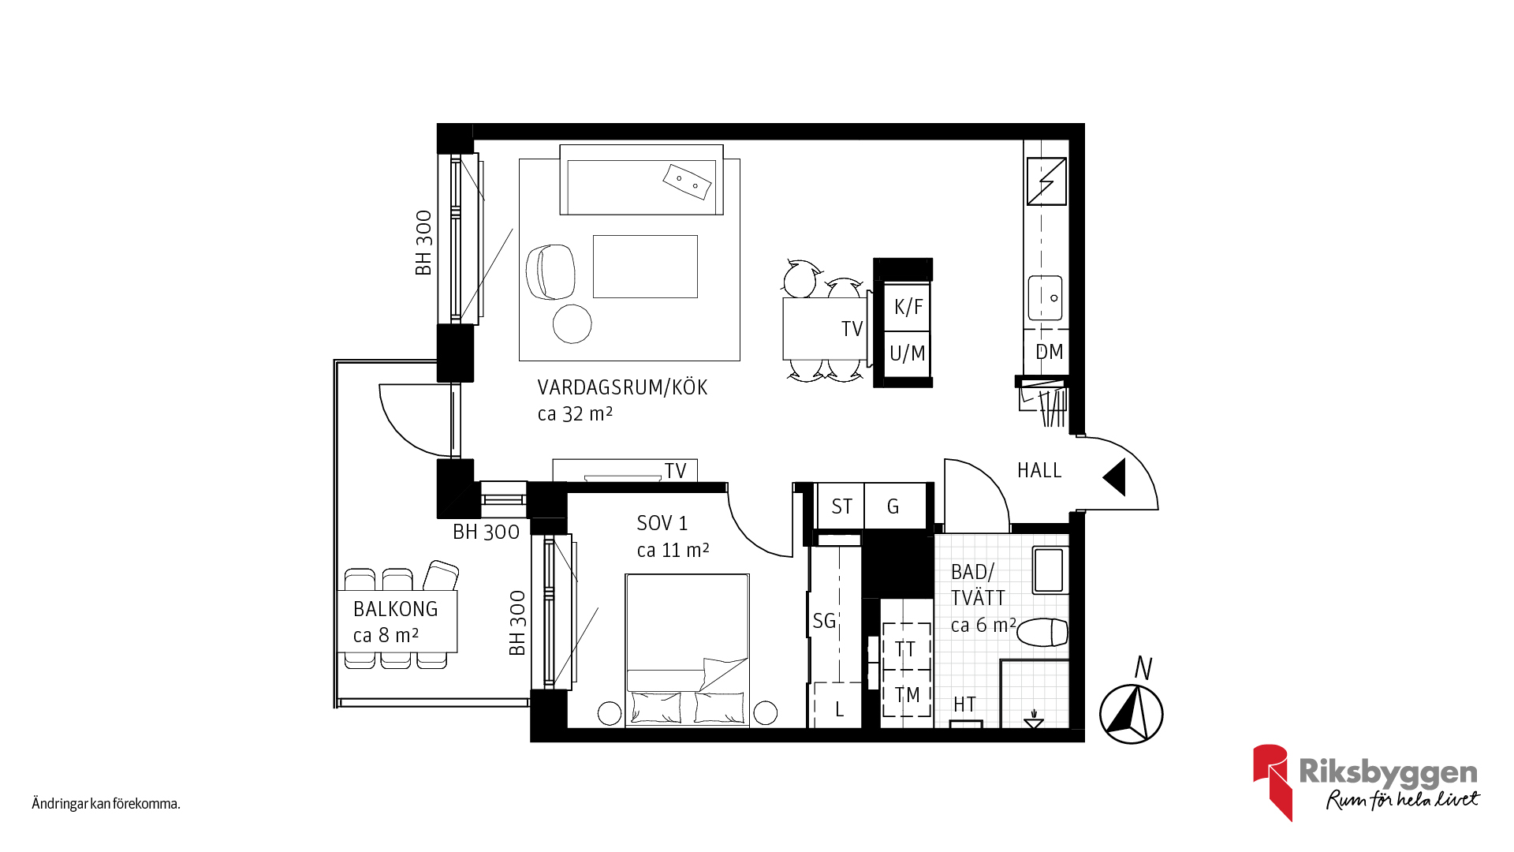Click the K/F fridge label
point(908,307)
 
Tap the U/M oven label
point(908,353)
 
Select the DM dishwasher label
point(1050,352)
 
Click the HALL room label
point(1039,470)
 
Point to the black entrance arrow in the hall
point(1115,478)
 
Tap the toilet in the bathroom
point(1042,633)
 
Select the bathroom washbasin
point(1049,570)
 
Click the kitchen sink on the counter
point(1046,297)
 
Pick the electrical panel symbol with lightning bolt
point(1046,181)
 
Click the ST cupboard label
point(841,506)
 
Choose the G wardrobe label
point(893,506)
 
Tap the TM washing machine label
point(907,695)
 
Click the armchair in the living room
point(550,271)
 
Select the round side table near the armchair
point(572,323)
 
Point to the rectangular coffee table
point(645,267)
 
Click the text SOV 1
point(662,523)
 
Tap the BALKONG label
point(395,609)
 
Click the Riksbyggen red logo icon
point(1273,781)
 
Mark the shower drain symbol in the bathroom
point(1034,719)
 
